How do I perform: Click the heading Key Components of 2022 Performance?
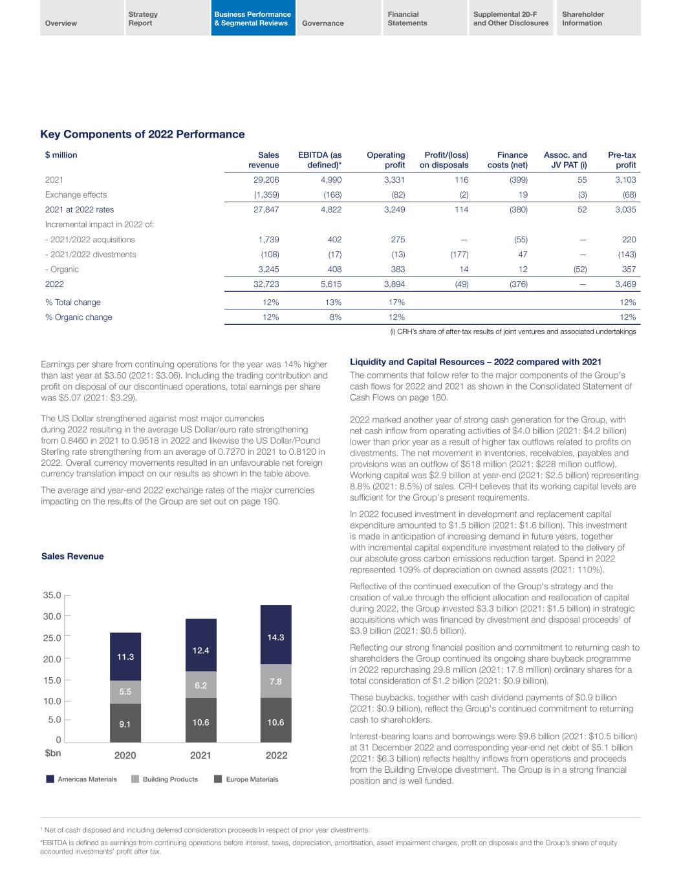142,134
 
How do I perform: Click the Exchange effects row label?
76,194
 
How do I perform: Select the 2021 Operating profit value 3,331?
393,180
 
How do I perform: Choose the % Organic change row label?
78,317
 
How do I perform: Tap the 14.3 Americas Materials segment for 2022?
276,637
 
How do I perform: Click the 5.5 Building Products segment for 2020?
125,691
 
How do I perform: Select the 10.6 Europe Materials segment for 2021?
201,722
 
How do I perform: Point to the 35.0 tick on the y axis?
52,595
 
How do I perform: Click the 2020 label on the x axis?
125,755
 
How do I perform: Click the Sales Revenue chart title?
72,556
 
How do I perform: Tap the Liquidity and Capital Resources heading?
475,362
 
